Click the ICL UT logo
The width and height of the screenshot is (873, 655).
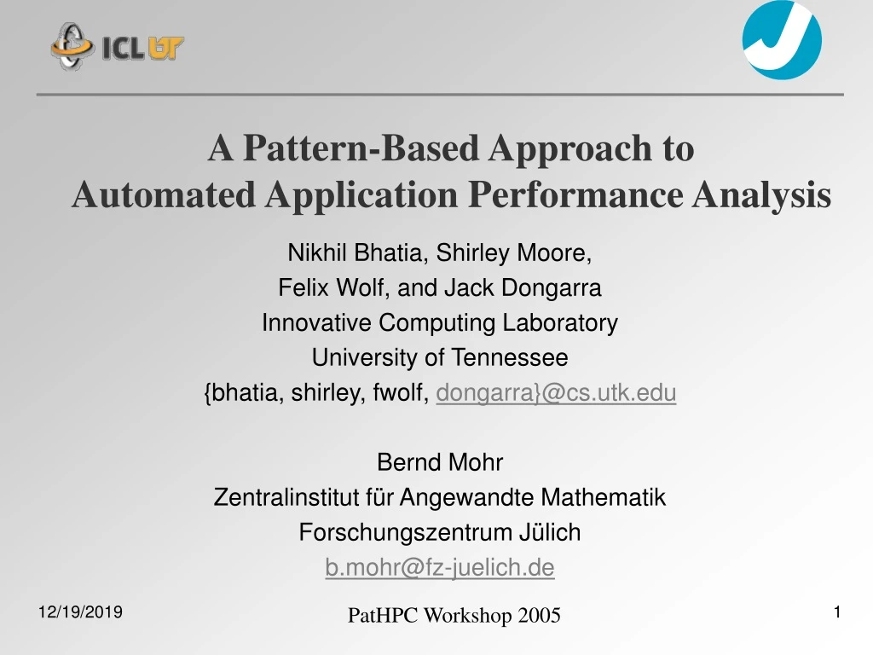(117, 46)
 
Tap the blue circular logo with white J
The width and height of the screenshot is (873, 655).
(782, 40)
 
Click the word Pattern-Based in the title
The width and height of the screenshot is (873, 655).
(361, 148)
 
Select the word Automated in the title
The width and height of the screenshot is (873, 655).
(164, 195)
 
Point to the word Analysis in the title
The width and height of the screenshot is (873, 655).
(761, 196)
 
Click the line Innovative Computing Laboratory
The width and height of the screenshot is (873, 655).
(440, 323)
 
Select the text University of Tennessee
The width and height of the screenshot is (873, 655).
(440, 357)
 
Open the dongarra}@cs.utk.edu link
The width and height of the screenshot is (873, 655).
(556, 392)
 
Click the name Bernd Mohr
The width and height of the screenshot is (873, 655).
(440, 462)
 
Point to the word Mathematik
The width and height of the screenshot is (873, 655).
(603, 497)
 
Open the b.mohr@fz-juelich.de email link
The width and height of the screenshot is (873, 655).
(440, 567)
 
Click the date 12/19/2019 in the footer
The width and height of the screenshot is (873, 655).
(80, 612)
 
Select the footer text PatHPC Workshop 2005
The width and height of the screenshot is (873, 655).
(454, 616)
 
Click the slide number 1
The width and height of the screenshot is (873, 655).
(837, 612)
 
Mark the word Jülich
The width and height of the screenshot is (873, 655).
(550, 532)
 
